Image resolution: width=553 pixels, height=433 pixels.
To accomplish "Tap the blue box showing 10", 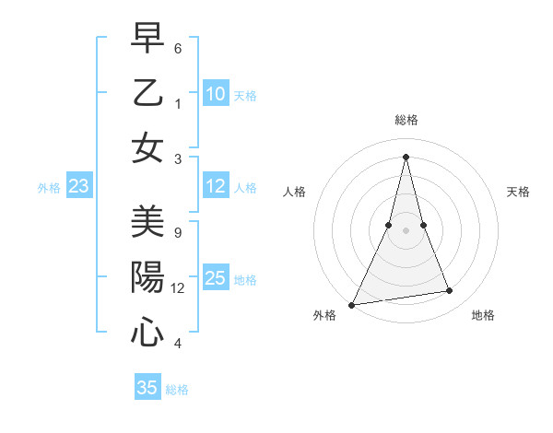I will pyautogui.click(x=216, y=94).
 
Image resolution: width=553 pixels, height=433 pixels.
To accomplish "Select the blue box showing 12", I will pyautogui.click(x=216, y=187).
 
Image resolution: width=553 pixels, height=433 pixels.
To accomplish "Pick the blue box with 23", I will pyautogui.click(x=79, y=187).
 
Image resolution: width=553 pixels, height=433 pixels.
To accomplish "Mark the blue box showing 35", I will pyautogui.click(x=147, y=388).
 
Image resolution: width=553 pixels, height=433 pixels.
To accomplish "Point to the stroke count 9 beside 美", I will pyautogui.click(x=178, y=232).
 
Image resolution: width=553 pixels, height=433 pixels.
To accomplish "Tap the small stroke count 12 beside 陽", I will pyautogui.click(x=179, y=287).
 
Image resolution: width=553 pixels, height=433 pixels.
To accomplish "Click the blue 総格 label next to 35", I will pyautogui.click(x=177, y=390).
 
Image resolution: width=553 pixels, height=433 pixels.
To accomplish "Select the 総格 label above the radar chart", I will pyautogui.click(x=406, y=120).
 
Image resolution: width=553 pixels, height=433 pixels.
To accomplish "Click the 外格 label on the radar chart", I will pyautogui.click(x=324, y=316).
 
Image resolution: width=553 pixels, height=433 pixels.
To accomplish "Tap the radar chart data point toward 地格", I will pyautogui.click(x=450, y=291).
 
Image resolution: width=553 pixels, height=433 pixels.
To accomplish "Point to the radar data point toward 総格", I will pyautogui.click(x=406, y=157).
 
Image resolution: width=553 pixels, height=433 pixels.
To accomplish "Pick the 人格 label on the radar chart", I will pyautogui.click(x=294, y=192).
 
